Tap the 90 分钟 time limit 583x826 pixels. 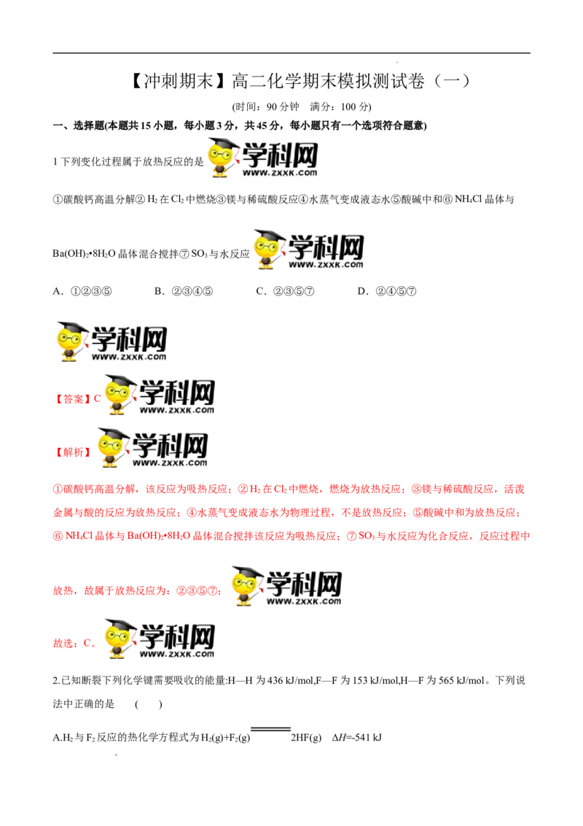point(283,107)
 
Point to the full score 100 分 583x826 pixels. point(356,107)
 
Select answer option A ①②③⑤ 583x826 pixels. point(82,291)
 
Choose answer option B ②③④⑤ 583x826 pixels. point(184,291)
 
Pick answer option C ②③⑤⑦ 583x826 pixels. point(285,291)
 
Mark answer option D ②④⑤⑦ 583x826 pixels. point(387,291)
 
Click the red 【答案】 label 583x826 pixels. point(73,399)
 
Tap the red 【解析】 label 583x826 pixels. point(73,452)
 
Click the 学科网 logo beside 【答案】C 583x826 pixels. point(160,395)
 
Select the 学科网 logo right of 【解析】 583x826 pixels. point(152,448)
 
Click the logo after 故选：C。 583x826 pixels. point(160,638)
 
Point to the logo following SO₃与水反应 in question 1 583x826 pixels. point(308,250)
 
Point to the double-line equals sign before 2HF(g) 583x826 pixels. point(270,730)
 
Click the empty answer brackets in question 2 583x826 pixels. point(149,704)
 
